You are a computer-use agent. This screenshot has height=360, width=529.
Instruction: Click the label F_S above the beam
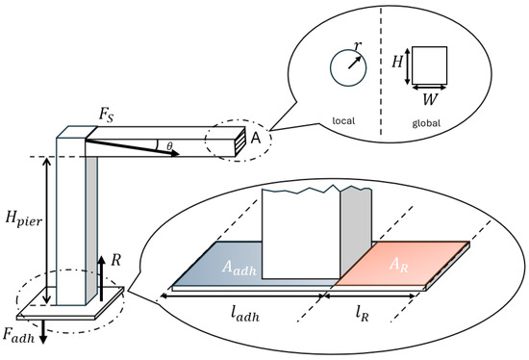click(106, 116)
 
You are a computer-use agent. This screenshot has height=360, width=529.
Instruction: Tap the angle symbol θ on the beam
click(169, 146)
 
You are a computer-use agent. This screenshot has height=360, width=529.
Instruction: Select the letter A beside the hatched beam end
click(256, 138)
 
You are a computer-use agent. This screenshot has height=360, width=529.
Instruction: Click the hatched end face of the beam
click(239, 141)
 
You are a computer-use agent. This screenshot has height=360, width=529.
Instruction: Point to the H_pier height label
click(24, 219)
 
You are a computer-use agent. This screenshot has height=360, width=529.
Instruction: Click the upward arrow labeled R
click(101, 278)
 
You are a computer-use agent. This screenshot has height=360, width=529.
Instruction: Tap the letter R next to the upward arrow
click(115, 261)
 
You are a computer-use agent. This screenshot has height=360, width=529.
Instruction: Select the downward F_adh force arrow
click(43, 332)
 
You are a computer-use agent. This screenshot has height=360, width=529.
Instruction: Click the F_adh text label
click(19, 335)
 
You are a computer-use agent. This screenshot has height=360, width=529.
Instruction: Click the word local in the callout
click(343, 120)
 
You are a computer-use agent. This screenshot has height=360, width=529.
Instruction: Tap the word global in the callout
click(426, 123)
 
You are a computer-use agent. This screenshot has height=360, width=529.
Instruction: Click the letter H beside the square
click(397, 62)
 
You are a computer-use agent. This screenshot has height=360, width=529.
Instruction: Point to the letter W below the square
click(430, 99)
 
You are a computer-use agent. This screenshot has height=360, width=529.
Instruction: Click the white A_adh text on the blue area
click(239, 268)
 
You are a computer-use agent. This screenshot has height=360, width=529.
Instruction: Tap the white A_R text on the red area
click(399, 265)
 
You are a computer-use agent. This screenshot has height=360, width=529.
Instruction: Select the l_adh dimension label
click(245, 314)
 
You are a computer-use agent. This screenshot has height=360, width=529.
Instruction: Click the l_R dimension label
click(362, 314)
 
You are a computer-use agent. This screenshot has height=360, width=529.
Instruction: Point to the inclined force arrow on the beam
click(132, 148)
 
